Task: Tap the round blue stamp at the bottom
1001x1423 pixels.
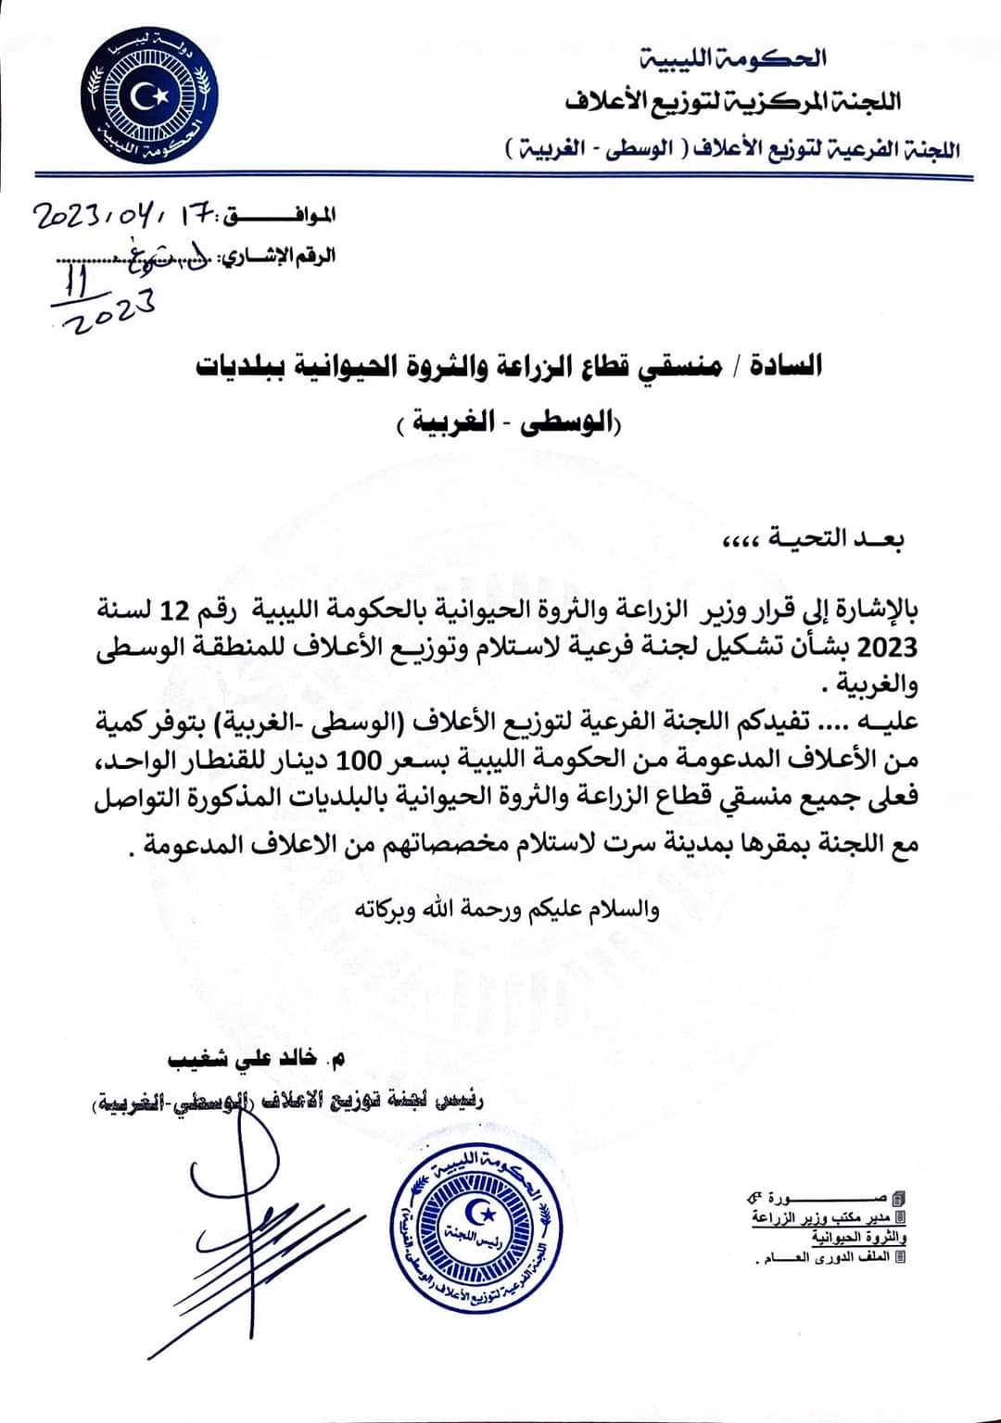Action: [x=478, y=1230]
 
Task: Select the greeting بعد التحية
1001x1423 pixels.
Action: [x=815, y=539]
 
